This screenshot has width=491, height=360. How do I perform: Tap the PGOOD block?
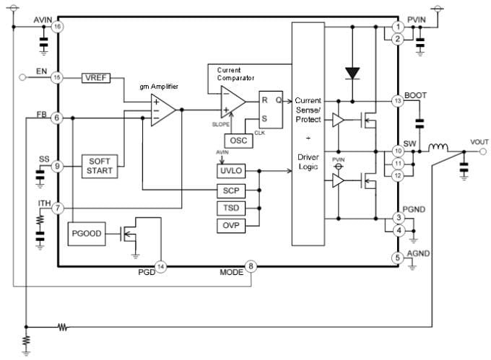click(85, 234)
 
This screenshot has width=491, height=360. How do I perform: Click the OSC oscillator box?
click(238, 139)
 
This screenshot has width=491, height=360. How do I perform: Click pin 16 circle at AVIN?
click(57, 27)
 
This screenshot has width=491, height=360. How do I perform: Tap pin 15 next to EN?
click(57, 77)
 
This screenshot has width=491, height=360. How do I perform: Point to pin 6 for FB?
click(57, 118)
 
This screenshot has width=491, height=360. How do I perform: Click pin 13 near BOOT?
click(397, 101)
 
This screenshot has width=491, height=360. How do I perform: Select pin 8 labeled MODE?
click(251, 266)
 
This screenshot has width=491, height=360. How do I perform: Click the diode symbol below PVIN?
click(352, 72)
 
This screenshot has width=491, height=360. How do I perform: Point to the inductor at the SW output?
click(436, 150)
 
